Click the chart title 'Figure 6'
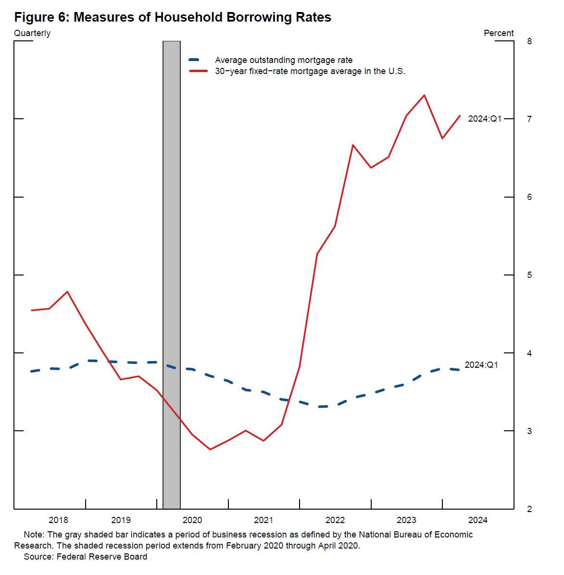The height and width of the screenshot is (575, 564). point(173,17)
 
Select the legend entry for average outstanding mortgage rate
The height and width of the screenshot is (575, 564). point(283,60)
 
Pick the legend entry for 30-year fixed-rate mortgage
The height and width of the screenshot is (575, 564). point(310,71)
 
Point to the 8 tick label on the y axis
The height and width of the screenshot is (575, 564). point(529,41)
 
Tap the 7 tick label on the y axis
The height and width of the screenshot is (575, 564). point(529,119)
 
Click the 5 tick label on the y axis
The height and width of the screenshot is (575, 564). point(529,275)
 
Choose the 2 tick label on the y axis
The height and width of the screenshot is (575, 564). point(529,509)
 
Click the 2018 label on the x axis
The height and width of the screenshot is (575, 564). point(58,520)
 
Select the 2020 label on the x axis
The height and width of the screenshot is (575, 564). point(192,520)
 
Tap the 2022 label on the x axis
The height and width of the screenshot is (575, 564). point(335,520)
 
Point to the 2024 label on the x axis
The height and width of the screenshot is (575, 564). point(477,520)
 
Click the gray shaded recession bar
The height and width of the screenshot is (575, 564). point(172,274)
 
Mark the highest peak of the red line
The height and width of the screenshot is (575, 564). point(424,95)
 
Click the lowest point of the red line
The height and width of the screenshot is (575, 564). point(210,449)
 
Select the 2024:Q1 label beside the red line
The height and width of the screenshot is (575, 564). point(485,119)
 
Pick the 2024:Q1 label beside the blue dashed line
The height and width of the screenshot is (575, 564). point(481,365)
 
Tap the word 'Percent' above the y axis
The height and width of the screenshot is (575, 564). point(499,33)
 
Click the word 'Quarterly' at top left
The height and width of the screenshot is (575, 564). point(32,33)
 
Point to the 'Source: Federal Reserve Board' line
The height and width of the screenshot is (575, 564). point(86,557)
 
